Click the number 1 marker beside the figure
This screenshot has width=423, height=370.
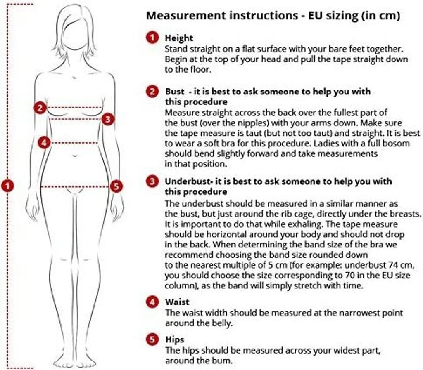point(7,186)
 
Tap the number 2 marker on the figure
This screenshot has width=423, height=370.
point(40,108)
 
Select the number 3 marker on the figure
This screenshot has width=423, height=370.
point(108,119)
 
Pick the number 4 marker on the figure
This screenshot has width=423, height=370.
point(44,142)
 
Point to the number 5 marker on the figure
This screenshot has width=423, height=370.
point(116,186)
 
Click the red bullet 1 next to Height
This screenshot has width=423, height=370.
point(152,38)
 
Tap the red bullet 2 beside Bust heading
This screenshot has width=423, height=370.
point(152,91)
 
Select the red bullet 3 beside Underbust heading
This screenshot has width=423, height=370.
point(152,181)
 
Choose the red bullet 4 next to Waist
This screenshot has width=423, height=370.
point(152,302)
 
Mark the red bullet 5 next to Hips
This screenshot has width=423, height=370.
point(152,339)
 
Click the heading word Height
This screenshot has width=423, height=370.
point(179,38)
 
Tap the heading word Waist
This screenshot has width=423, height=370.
point(177,302)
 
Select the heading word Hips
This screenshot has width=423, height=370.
point(175,340)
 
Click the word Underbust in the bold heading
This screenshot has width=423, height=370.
point(188,181)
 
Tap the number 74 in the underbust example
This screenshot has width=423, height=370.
point(394,265)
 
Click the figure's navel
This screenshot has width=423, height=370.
point(75,156)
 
